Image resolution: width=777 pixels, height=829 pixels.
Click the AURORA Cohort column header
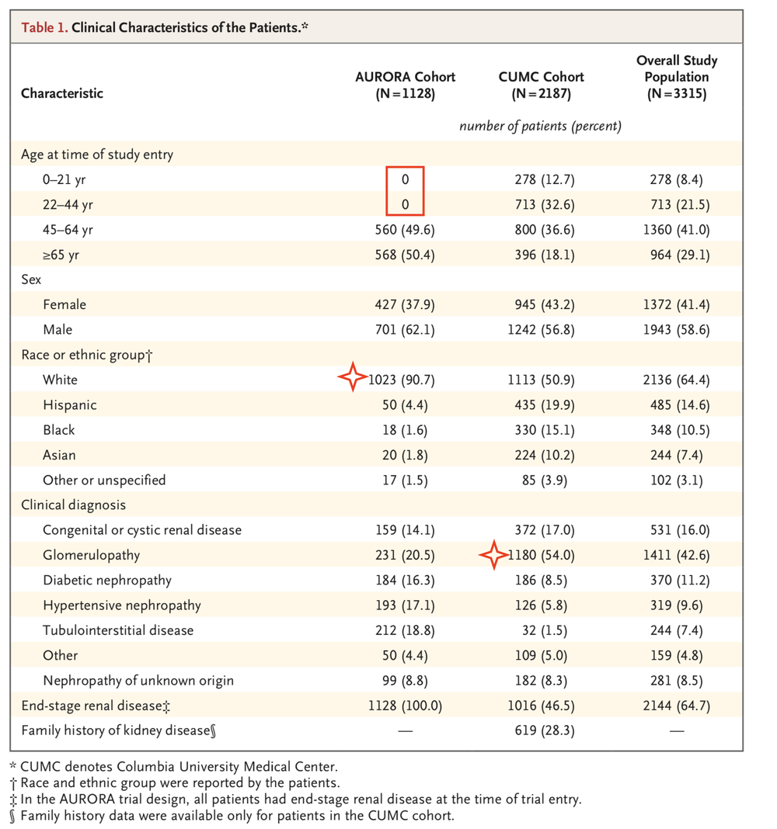point(405,85)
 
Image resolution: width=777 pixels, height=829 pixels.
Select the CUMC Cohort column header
point(541,85)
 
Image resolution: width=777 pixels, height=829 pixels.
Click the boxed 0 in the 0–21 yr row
point(405,179)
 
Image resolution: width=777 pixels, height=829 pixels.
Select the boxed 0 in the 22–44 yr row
point(405,205)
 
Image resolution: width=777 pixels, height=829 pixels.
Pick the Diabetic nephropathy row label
point(107,580)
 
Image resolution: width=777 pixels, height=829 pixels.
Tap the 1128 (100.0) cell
point(405,706)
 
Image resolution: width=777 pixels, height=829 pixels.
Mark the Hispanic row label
point(70,404)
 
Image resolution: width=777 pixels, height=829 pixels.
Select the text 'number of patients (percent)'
point(541,127)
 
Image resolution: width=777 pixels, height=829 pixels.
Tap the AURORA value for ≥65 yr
point(405,255)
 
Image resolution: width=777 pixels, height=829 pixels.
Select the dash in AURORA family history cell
point(405,730)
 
